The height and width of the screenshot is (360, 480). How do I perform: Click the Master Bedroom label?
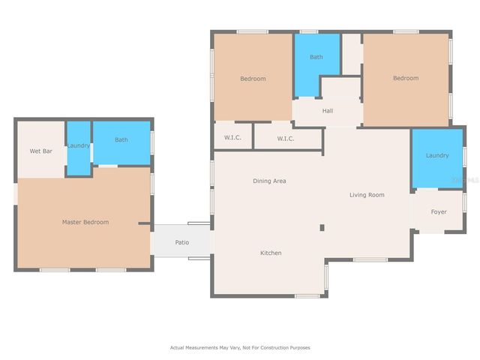tap(85, 222)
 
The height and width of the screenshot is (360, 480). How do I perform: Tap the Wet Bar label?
tap(40, 151)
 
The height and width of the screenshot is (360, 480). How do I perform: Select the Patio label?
tap(181, 242)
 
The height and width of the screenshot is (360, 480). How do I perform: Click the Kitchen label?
tap(271, 253)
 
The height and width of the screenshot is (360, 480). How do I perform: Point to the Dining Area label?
tap(268, 181)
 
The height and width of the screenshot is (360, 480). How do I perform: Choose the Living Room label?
tap(367, 195)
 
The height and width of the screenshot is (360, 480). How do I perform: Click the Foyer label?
tap(439, 211)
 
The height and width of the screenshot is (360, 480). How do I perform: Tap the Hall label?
tap(328, 111)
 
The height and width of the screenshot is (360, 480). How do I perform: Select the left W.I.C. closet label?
tap(232, 138)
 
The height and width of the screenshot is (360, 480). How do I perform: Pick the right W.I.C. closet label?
tap(286, 138)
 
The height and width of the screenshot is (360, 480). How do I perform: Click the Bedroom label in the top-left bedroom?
tap(253, 79)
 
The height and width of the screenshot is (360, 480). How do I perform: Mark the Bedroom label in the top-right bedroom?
tap(406, 78)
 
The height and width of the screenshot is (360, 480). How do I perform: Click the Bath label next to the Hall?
tap(316, 57)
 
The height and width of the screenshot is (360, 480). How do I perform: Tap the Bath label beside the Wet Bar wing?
tap(121, 139)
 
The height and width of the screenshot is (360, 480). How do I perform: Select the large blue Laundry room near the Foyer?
tap(437, 156)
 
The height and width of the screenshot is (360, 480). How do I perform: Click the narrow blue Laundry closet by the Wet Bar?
tap(79, 145)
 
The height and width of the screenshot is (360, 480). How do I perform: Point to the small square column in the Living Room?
tap(322, 228)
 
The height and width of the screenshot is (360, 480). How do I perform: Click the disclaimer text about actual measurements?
tap(239, 347)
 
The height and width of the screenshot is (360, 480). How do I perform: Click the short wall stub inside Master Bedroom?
tap(144, 223)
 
